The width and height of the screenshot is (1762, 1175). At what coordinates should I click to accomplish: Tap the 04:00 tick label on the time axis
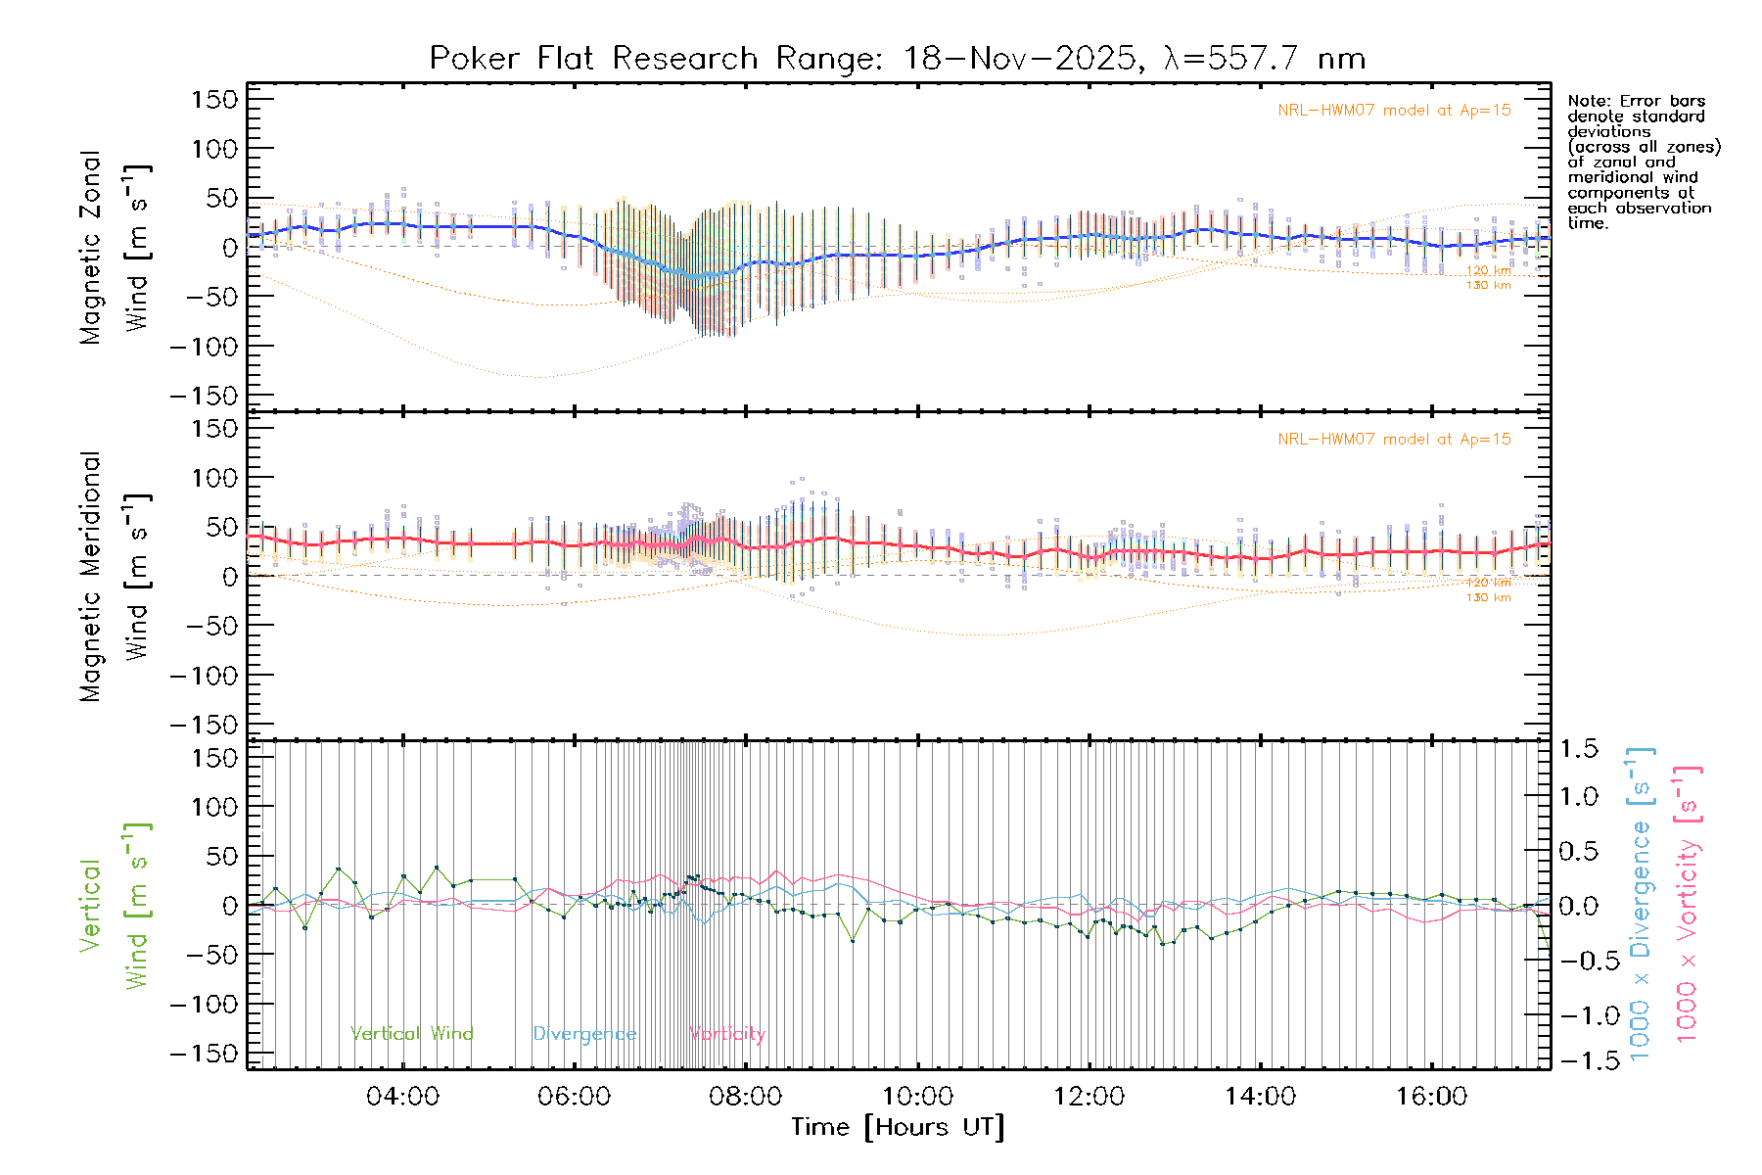click(402, 1097)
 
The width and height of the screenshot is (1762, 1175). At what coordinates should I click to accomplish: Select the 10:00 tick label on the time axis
click(917, 1097)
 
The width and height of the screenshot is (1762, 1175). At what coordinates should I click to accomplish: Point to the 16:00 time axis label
click(1431, 1097)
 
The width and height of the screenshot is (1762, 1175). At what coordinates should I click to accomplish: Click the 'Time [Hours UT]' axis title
click(898, 1127)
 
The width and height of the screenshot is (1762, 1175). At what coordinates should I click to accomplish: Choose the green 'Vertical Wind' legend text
click(411, 1034)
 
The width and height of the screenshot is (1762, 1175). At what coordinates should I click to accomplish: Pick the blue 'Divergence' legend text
click(584, 1034)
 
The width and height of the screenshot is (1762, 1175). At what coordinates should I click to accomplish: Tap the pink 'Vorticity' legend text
click(726, 1034)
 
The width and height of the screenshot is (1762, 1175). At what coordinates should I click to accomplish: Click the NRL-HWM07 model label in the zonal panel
click(1394, 111)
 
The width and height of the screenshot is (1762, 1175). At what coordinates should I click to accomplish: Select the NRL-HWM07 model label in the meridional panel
click(1394, 440)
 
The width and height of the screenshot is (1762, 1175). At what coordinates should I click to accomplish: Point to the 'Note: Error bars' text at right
click(1636, 101)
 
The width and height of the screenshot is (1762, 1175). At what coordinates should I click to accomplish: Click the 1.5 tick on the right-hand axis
click(1579, 749)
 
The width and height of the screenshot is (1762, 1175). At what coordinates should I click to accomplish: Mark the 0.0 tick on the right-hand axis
click(1579, 906)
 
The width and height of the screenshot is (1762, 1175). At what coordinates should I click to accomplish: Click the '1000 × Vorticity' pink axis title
click(1688, 905)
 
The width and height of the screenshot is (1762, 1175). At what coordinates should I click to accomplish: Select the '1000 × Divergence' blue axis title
click(1641, 905)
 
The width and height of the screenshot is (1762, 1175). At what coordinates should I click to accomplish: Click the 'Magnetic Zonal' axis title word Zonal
click(91, 186)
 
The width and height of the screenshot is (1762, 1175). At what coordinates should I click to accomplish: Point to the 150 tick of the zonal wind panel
click(215, 99)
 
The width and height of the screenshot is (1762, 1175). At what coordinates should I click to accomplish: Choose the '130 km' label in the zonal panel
click(1488, 286)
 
